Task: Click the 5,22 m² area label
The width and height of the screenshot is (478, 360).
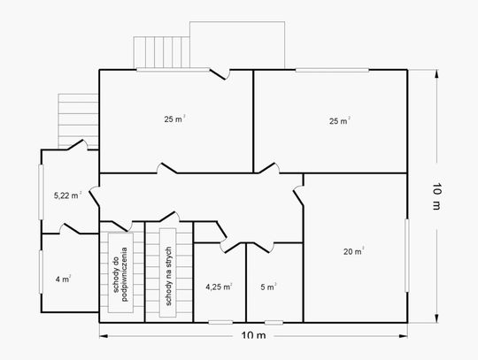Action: pos(67,195)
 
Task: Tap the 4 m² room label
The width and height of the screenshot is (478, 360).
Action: pos(63,279)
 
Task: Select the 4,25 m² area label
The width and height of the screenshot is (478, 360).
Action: pos(219,287)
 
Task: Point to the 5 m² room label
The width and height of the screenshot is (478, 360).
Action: pos(268,287)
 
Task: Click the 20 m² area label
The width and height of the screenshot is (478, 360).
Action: pos(353,251)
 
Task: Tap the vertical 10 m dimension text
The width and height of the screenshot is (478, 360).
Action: pos(436,196)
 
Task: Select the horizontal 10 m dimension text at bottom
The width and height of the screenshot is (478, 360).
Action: pos(253,335)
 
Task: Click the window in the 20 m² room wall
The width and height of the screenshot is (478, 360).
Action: pos(406,256)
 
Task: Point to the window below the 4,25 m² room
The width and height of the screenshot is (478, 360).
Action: pos(220,322)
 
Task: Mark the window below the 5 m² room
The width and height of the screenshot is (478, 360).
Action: pos(274,322)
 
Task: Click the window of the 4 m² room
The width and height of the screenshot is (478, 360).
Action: pos(41,272)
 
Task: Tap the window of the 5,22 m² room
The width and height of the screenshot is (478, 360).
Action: pos(41,192)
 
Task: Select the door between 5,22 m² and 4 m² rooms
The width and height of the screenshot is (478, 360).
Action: pos(70,228)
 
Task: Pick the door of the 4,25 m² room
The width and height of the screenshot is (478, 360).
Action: pos(232,247)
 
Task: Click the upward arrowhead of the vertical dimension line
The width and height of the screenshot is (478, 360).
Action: pos(436,74)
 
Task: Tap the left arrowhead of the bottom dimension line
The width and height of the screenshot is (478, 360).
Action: pos(104,336)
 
